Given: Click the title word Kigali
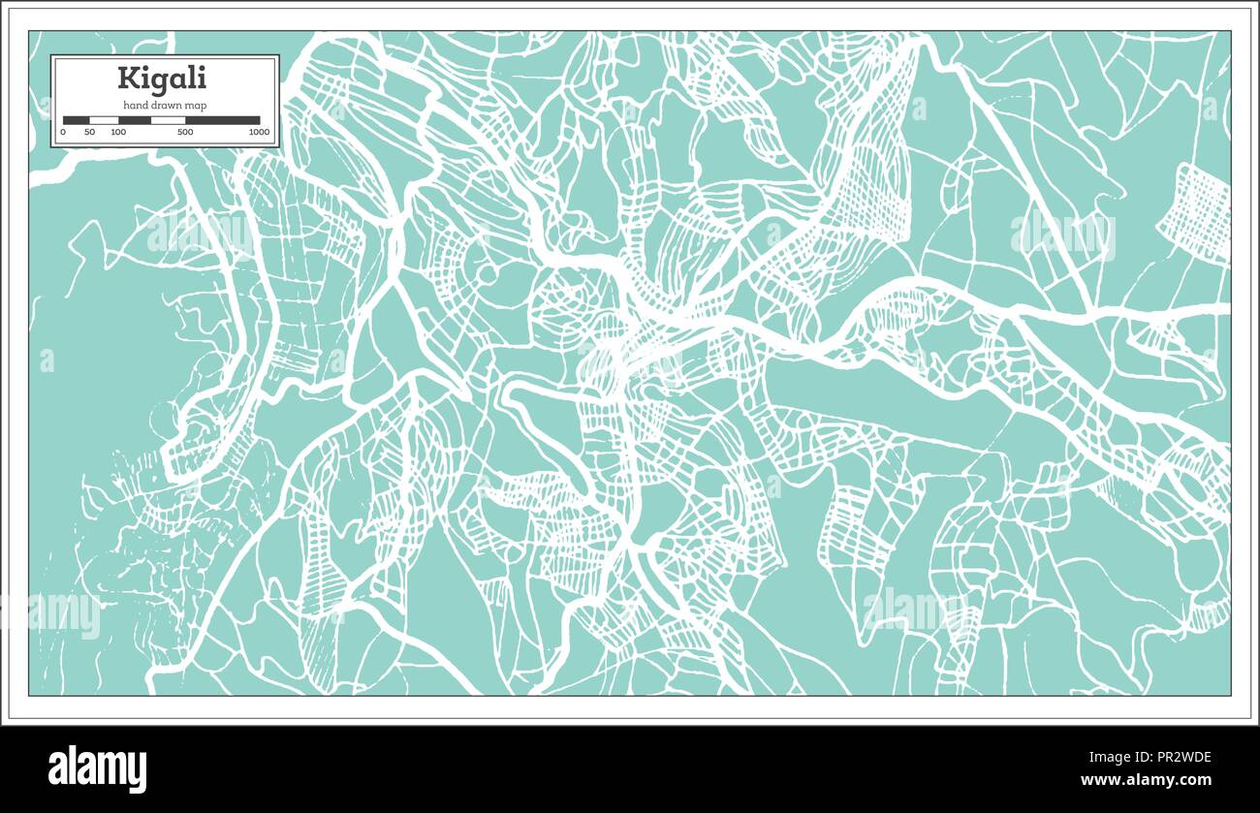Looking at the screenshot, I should (x=162, y=78).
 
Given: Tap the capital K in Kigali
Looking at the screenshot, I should (x=127, y=78).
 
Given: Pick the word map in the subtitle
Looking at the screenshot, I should (x=196, y=105).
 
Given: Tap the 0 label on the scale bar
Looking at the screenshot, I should (x=63, y=132).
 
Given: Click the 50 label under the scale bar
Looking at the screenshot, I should (x=89, y=132).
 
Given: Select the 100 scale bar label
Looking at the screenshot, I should (x=117, y=132).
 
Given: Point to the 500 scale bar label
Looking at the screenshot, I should (x=185, y=132).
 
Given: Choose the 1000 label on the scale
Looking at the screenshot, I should (x=258, y=132).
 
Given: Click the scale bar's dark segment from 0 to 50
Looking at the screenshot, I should (x=76, y=120).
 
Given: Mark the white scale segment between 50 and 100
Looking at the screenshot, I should (x=104, y=120).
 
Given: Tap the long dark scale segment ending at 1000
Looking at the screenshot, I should (x=222, y=120).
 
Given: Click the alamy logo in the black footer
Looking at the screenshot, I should (x=98, y=769).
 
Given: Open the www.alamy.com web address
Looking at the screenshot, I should (x=1146, y=780).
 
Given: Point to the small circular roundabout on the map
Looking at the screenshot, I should (x=487, y=275).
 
